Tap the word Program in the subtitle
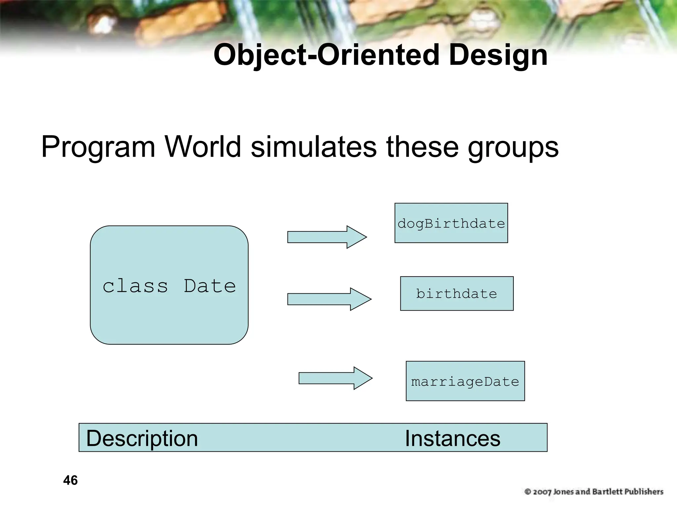[x=98, y=147]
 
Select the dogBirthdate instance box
[x=451, y=223]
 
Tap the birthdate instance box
[x=457, y=294]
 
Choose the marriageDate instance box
[x=465, y=381]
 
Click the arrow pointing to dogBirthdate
[x=327, y=237]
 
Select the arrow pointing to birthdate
[x=329, y=299]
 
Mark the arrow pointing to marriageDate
[x=335, y=378]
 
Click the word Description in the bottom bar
[x=142, y=438]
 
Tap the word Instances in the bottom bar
[x=453, y=438]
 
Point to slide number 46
[x=70, y=480]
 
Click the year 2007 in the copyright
[x=542, y=492]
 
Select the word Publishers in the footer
[x=644, y=492]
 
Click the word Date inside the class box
[x=210, y=286]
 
